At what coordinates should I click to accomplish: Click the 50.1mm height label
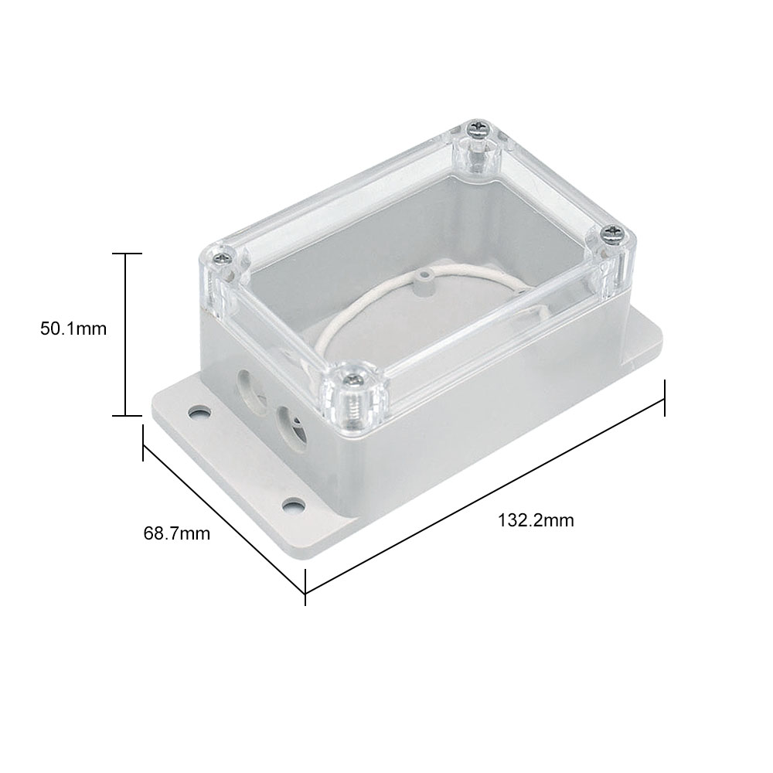pos(73,329)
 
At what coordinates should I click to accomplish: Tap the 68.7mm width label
pos(176,533)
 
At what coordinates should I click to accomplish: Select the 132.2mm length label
pos(536,520)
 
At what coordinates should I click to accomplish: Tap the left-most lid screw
pos(223,258)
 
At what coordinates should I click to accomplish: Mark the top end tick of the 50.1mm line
pos(126,253)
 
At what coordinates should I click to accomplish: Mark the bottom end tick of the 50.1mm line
pos(126,416)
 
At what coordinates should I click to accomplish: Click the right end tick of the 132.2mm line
pos(665,398)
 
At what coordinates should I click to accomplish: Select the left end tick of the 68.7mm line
pos(143,443)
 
